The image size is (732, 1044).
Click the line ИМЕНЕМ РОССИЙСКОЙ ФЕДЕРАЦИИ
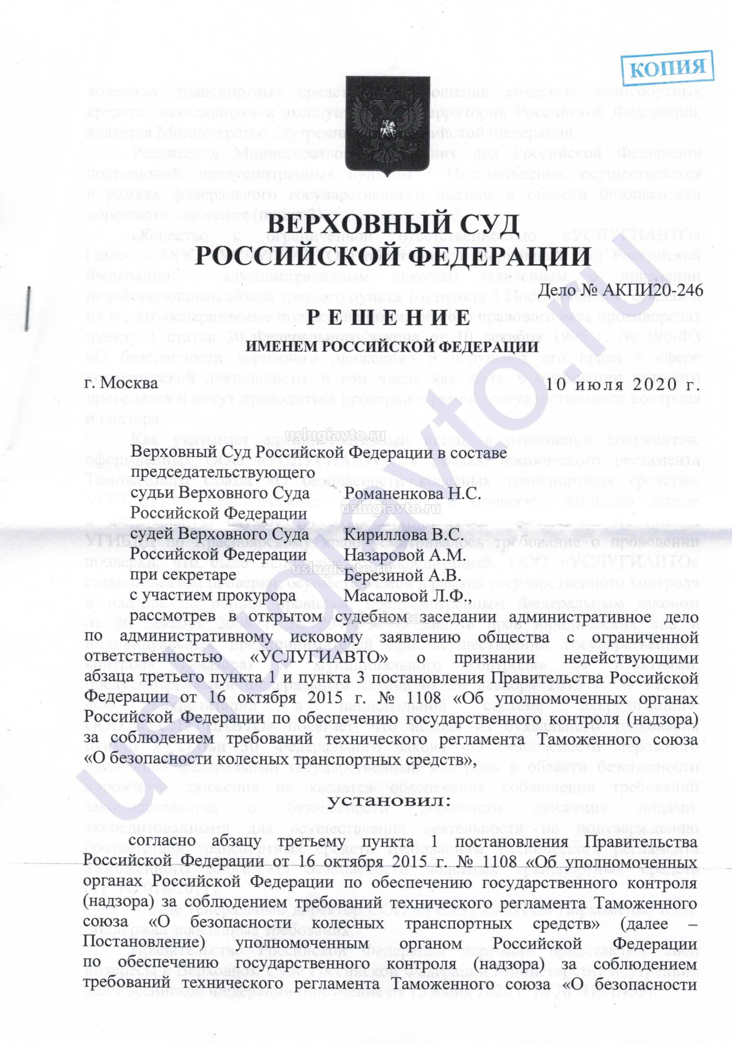click(x=391, y=347)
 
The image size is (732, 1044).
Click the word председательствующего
click(x=216, y=473)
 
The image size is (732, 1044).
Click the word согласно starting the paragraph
click(x=163, y=842)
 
